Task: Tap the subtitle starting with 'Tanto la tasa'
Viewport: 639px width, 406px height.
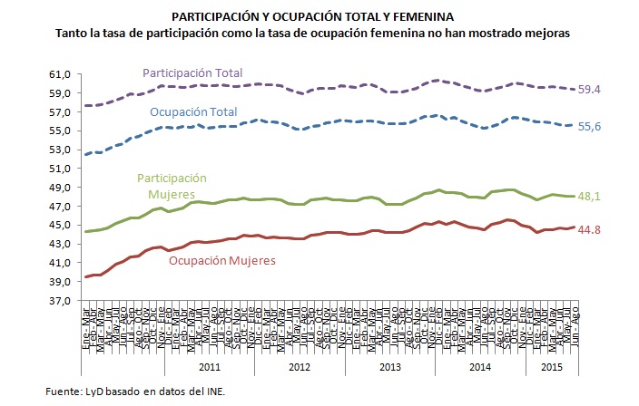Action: point(319,33)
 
